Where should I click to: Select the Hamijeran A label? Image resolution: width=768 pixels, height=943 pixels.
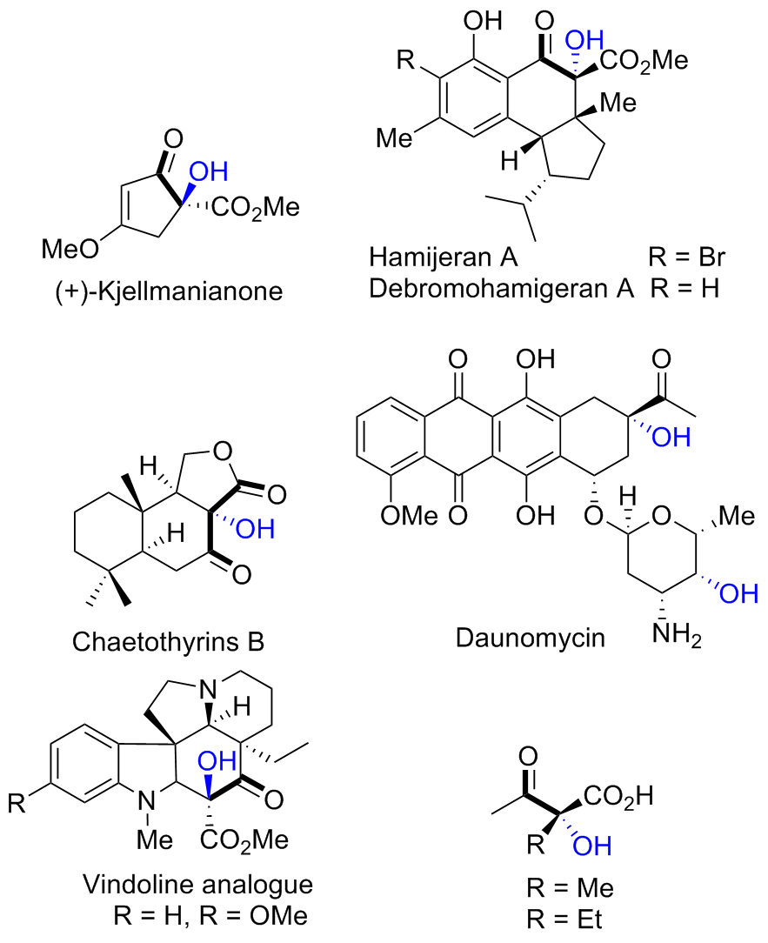[x=444, y=258]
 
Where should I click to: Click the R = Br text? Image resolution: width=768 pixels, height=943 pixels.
[x=686, y=258]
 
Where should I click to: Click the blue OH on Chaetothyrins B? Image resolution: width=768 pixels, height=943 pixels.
[x=253, y=528]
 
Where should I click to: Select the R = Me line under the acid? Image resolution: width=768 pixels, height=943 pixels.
[x=571, y=889]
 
